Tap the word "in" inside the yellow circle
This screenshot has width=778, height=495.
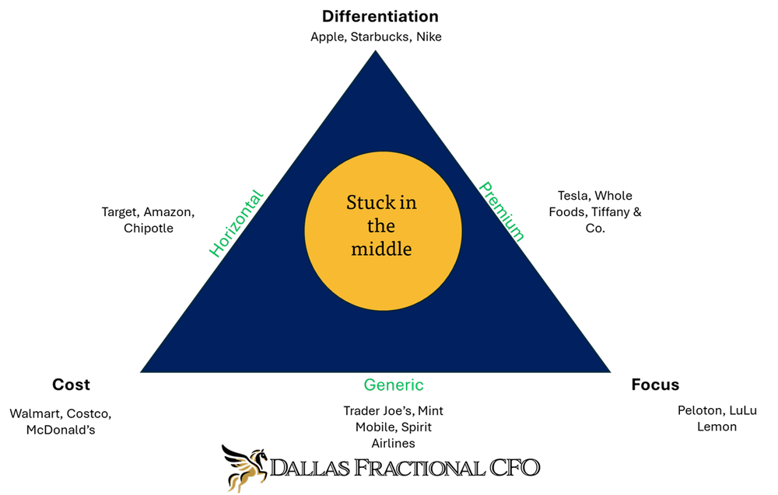(408, 203)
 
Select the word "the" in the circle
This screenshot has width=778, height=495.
(380, 226)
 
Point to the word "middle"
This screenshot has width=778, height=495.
(380, 249)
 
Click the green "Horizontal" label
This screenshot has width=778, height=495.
(237, 224)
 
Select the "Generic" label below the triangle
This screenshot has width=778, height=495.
(394, 385)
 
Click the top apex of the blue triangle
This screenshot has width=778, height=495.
(376, 52)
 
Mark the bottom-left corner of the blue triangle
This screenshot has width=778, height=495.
(142, 371)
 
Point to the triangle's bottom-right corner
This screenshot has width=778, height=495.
(608, 371)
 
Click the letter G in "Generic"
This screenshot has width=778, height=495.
(370, 385)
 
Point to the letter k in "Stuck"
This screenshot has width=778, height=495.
(391, 203)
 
